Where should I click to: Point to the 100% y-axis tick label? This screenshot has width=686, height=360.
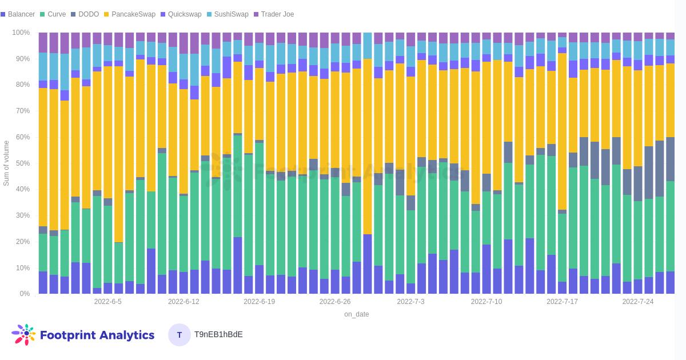pyautogui.click(x=21, y=33)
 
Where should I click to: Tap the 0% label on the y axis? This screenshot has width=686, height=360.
pyautogui.click(x=25, y=294)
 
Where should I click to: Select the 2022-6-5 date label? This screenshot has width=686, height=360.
pyautogui.click(x=107, y=302)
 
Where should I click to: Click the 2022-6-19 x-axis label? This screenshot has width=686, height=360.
pyautogui.click(x=259, y=302)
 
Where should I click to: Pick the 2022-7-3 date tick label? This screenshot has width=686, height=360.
pyautogui.click(x=410, y=302)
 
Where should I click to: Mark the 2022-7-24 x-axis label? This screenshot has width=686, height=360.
pyautogui.click(x=637, y=302)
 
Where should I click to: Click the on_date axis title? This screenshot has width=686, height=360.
pyautogui.click(x=356, y=314)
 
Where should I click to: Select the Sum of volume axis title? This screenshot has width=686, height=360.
pyautogui.click(x=6, y=163)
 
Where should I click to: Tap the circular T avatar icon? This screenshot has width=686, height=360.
pyautogui.click(x=180, y=335)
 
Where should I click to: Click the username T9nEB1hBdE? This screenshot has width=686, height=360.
pyautogui.click(x=218, y=335)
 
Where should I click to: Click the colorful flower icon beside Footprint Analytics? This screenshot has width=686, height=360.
pyautogui.click(x=23, y=334)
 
